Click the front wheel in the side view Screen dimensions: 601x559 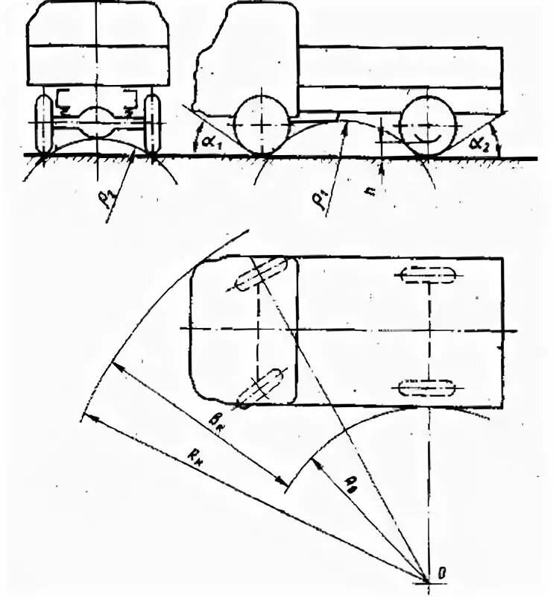point(261,125)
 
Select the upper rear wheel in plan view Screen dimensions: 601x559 point(427,275)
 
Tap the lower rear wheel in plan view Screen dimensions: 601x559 point(427,388)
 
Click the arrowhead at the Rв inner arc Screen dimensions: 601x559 point(316,461)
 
